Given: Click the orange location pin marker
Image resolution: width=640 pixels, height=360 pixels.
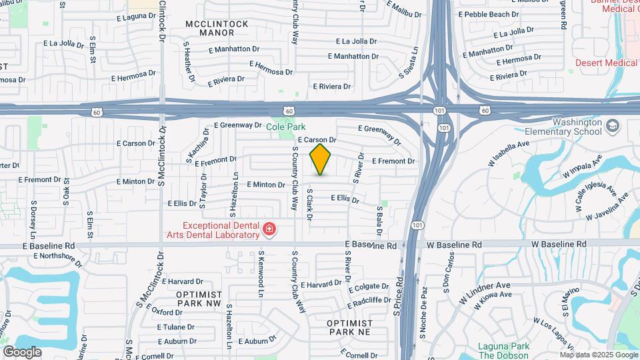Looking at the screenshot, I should [321, 159].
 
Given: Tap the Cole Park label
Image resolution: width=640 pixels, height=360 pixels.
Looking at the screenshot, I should [286, 126].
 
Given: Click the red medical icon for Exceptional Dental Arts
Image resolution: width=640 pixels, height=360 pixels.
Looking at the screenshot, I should [269, 230].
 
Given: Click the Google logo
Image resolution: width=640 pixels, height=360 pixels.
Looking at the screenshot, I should [22, 351].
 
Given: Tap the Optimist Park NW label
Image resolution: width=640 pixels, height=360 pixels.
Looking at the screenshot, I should [199, 298].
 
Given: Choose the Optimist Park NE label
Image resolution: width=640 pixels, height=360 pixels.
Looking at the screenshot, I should [349, 327].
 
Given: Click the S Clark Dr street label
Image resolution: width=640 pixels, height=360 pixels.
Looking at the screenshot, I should [309, 205].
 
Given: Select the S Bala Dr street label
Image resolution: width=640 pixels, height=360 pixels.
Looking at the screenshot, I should [379, 221].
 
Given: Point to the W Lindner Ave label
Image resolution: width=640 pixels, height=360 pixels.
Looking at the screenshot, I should [485, 293].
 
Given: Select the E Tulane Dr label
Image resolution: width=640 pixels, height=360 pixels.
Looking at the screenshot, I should [176, 327].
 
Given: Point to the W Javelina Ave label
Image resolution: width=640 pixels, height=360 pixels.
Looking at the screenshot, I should [607, 207].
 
